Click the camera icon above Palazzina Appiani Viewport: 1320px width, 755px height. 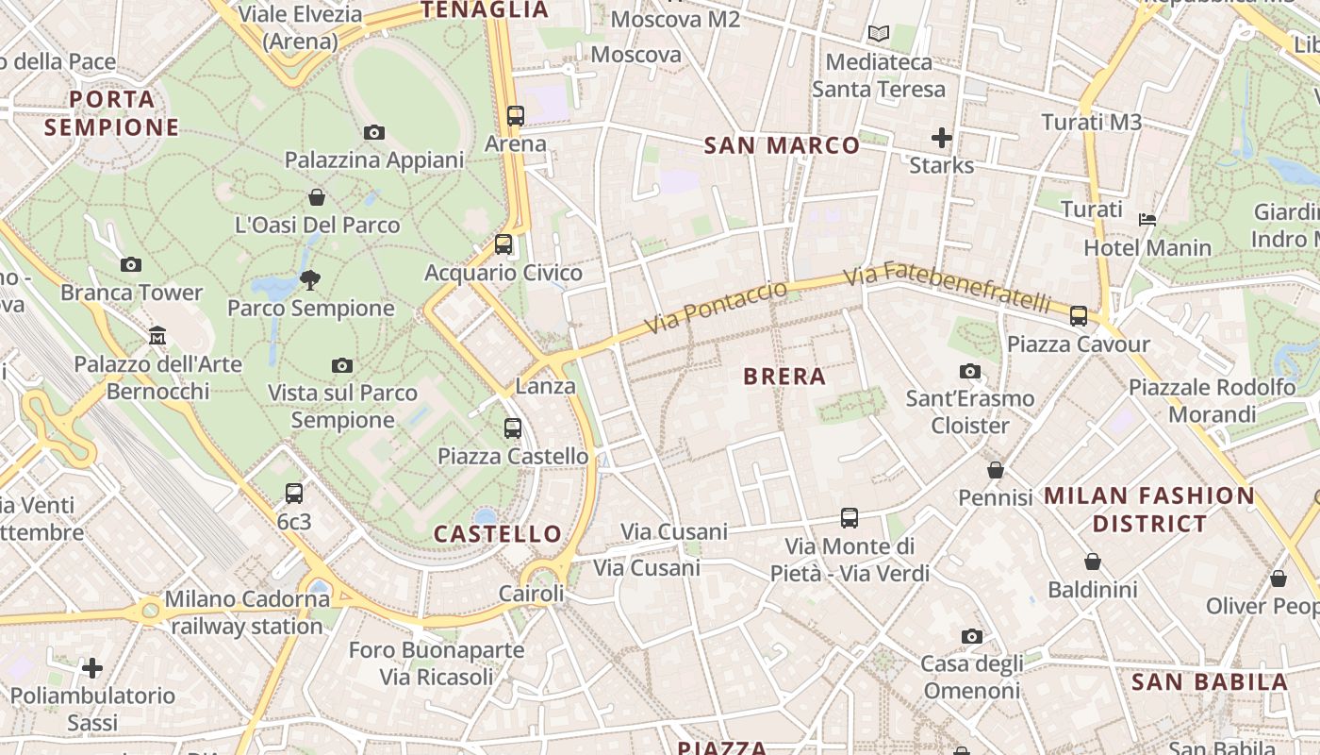tap(374, 133)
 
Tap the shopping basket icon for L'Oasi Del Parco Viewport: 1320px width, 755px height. tap(317, 197)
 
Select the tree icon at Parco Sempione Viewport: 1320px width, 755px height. tap(309, 279)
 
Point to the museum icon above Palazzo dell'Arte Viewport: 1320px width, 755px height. tap(157, 336)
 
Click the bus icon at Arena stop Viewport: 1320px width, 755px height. tap(515, 116)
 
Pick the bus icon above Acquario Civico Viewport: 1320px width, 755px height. tap(503, 244)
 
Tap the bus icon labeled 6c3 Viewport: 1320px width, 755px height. tap(294, 493)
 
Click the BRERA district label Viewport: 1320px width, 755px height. tap(784, 377)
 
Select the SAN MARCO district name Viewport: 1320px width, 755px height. tap(782, 145)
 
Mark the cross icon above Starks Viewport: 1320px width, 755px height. tap(941, 138)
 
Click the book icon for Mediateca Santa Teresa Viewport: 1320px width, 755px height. tap(879, 34)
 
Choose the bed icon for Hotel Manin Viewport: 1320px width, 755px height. tap(1147, 220)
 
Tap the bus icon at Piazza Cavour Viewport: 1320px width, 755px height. tap(1079, 316)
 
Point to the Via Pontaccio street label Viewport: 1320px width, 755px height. tap(717, 307)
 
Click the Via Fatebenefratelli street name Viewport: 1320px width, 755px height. tap(947, 288)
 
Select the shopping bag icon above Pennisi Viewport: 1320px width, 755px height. tap(996, 470)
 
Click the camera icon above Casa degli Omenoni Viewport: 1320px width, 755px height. tap(972, 637)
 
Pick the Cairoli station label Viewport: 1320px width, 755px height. tap(532, 594)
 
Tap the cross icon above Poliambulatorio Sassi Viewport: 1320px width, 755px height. tap(92, 668)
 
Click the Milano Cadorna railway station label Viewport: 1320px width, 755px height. tap(247, 612)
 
